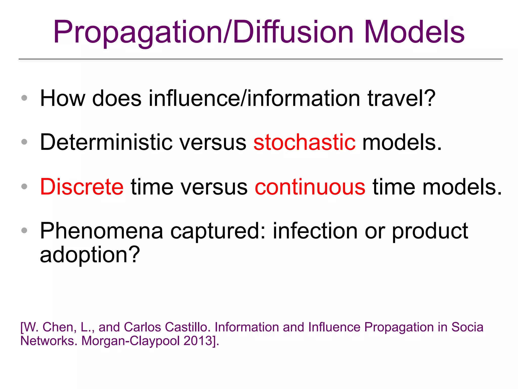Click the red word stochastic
(304, 142)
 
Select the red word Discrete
(82, 187)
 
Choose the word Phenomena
(101, 231)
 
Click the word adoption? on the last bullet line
(90, 255)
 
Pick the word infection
(315, 231)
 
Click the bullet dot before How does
(24, 98)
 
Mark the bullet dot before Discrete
(24, 187)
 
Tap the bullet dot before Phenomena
(24, 230)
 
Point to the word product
(430, 231)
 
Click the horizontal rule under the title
(261, 59)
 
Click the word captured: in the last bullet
(218, 231)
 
